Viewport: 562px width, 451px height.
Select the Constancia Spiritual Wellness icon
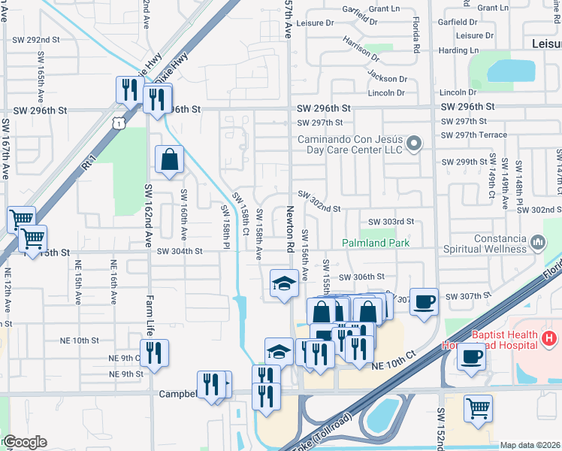(537, 242)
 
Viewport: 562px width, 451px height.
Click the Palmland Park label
(376, 243)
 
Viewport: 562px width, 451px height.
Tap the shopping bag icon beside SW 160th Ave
(169, 159)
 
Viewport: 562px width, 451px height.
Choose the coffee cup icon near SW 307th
(424, 301)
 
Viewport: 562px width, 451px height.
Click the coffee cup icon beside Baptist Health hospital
(471, 356)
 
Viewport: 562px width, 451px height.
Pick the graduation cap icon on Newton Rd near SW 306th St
(283, 283)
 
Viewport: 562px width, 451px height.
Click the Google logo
(24, 442)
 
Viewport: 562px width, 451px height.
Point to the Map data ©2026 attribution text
(530, 445)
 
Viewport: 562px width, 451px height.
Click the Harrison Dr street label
(360, 52)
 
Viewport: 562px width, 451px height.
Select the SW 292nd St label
(35, 39)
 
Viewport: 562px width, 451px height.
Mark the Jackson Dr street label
(387, 77)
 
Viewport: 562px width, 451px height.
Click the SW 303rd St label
(391, 222)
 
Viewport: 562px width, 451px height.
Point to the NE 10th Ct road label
(394, 359)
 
